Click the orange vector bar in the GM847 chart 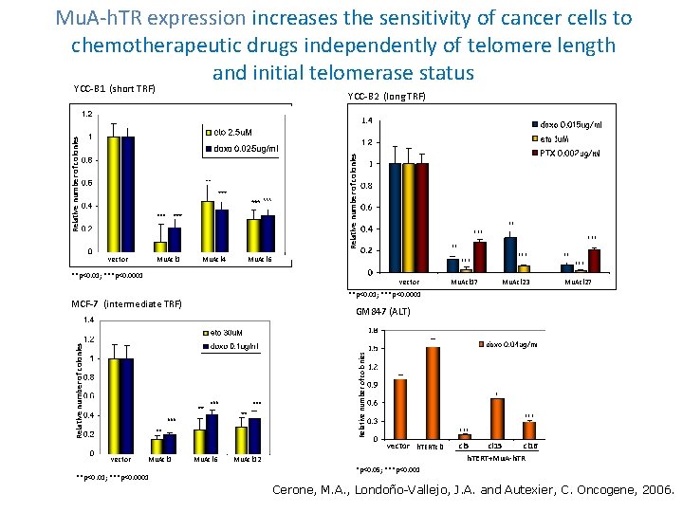(400, 409)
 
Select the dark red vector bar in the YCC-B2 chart (422, 217)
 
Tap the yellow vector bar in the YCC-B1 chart (113, 193)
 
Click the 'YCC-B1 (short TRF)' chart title (114, 89)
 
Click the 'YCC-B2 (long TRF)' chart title (386, 97)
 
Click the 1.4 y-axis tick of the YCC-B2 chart (367, 121)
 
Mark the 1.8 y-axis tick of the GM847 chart (371, 330)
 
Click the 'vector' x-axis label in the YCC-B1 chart (118, 258)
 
